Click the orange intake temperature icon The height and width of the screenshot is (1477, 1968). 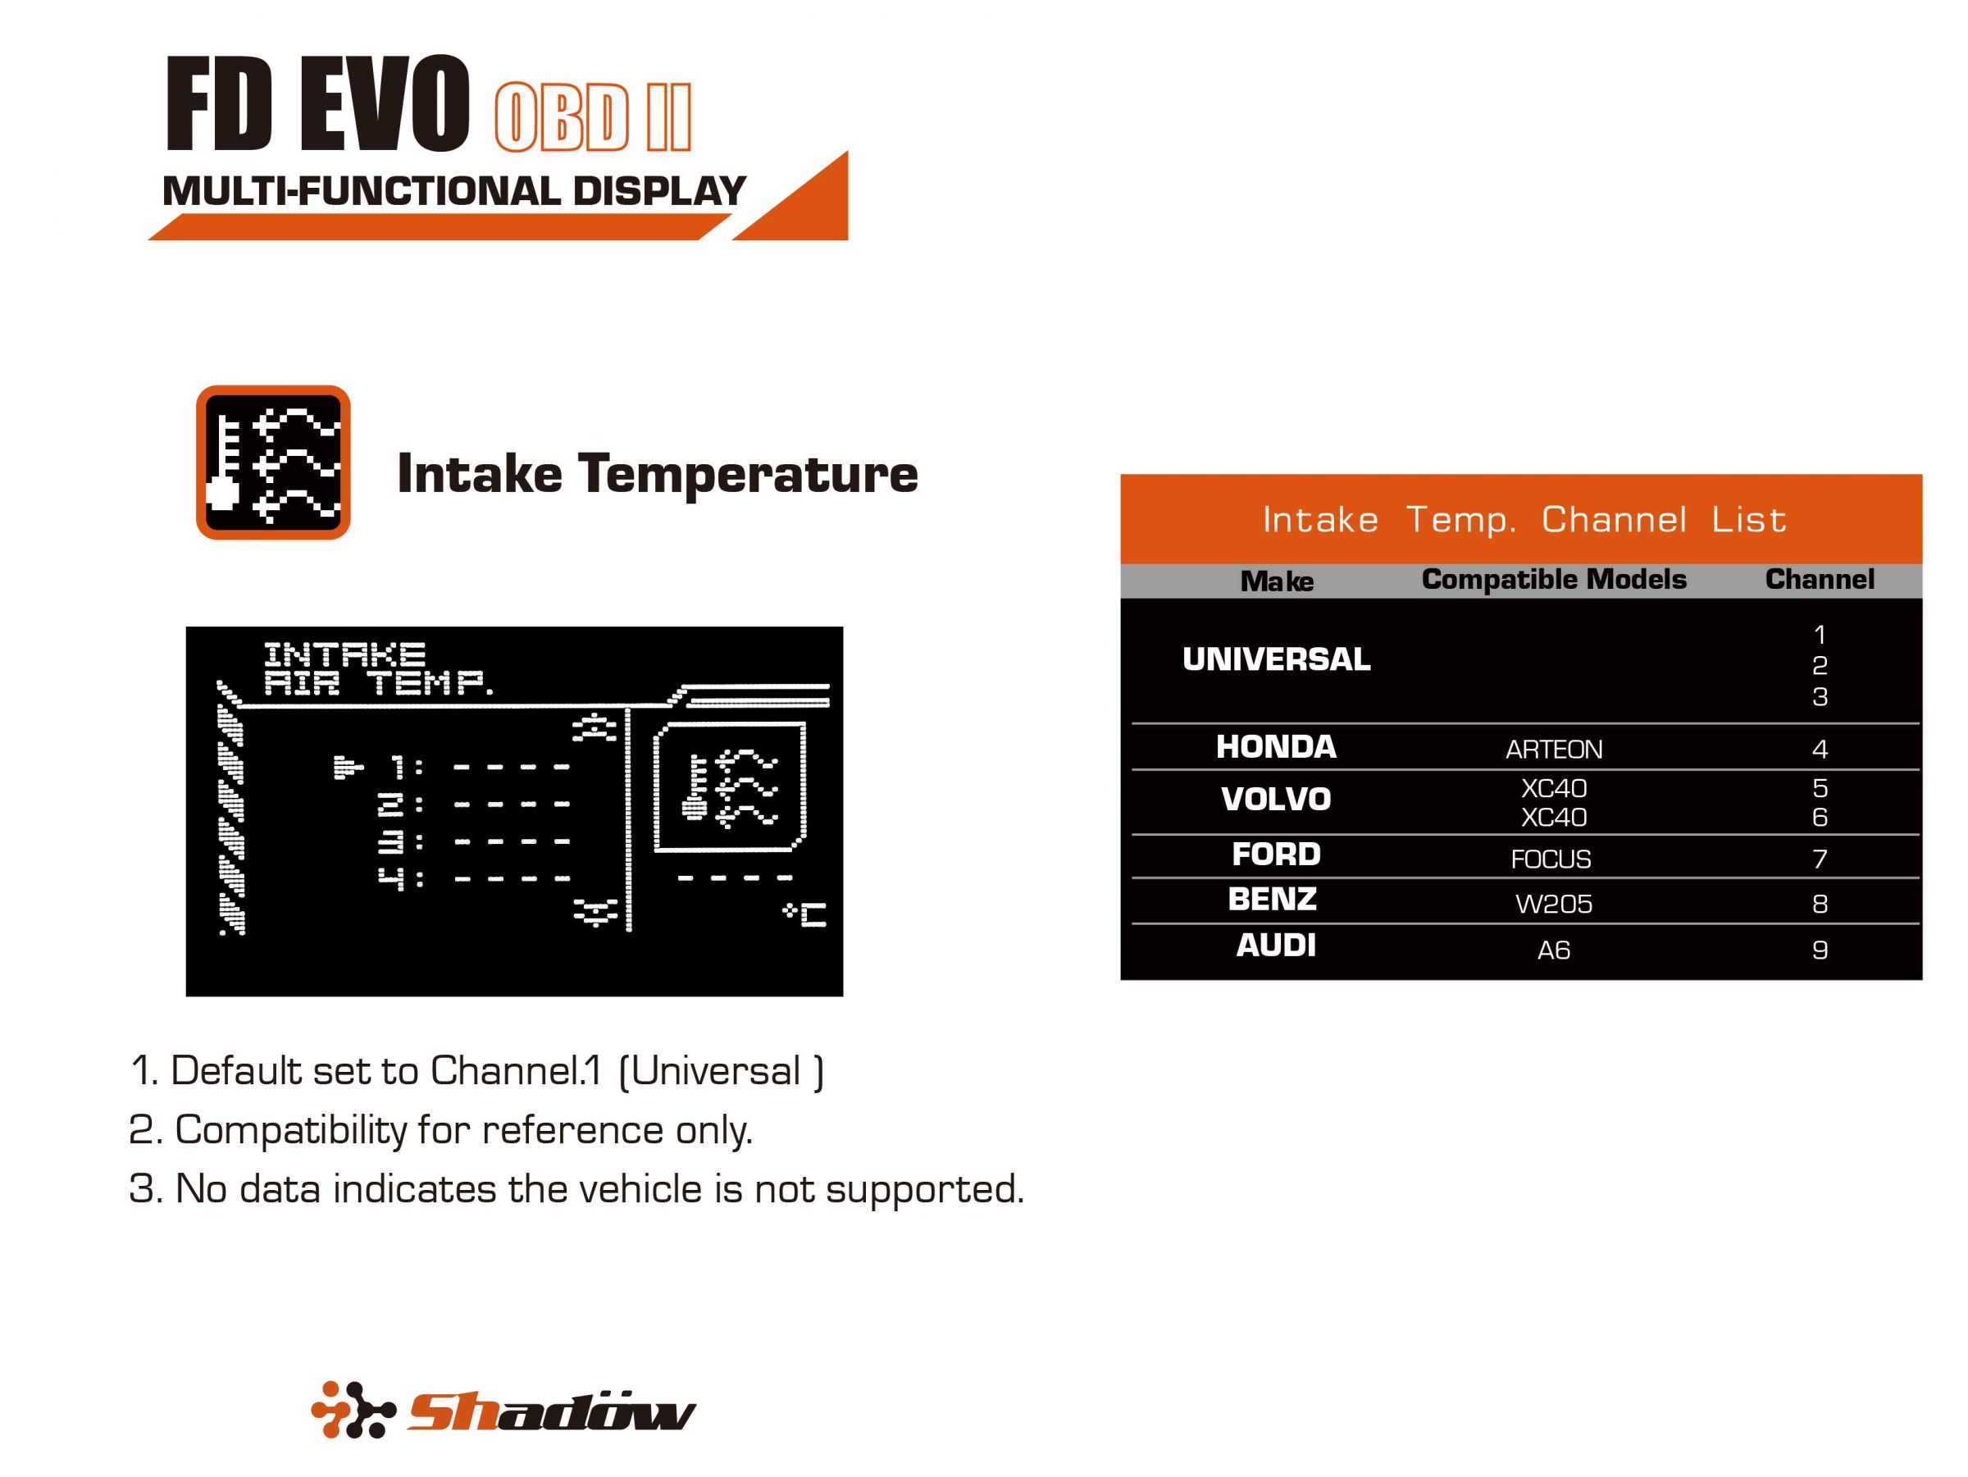(273, 462)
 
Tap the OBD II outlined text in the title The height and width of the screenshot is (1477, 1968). (592, 117)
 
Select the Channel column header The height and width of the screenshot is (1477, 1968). (1819, 579)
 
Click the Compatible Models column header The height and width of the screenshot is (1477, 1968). (1553, 579)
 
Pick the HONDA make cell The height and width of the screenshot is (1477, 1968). (1276, 746)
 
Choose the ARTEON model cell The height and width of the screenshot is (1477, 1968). (1553, 750)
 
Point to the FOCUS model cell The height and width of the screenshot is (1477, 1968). (1551, 859)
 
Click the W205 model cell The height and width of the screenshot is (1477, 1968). (1553, 904)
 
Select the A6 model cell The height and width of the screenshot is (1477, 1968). (1553, 950)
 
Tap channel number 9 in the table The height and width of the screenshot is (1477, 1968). (1820, 950)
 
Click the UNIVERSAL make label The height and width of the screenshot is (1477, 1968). (1276, 659)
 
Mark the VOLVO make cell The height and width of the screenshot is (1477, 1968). (1276, 799)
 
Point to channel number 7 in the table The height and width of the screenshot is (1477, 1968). (1820, 859)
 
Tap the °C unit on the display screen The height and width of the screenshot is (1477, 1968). (805, 914)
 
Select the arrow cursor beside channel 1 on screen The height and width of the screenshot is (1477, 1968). (348, 766)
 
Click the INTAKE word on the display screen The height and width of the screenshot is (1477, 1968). (344, 655)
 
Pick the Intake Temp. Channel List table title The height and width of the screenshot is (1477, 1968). (1524, 520)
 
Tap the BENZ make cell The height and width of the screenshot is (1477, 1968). (1273, 900)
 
